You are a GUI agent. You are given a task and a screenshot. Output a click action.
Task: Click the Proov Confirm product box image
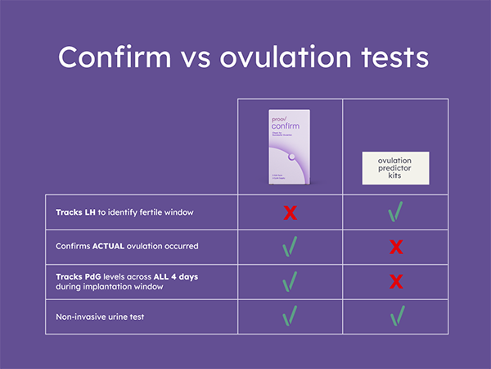point(290,147)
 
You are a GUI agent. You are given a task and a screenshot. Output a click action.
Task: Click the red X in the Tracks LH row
point(290,213)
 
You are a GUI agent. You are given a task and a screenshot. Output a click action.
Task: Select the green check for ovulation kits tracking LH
point(396,212)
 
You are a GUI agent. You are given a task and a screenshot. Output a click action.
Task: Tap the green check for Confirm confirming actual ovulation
point(290,247)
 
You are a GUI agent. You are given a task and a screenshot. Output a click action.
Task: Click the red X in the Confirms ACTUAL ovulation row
point(396,247)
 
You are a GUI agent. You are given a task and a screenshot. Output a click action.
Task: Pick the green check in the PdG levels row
point(290,281)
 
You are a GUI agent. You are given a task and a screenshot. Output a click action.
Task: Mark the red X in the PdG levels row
point(396,282)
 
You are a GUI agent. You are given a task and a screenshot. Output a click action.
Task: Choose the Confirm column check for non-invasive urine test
point(290,315)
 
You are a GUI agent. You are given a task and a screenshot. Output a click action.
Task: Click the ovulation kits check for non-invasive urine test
point(396,315)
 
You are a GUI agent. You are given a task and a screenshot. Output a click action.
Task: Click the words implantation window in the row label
point(128,287)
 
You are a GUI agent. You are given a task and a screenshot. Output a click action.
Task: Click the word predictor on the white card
point(395,167)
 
